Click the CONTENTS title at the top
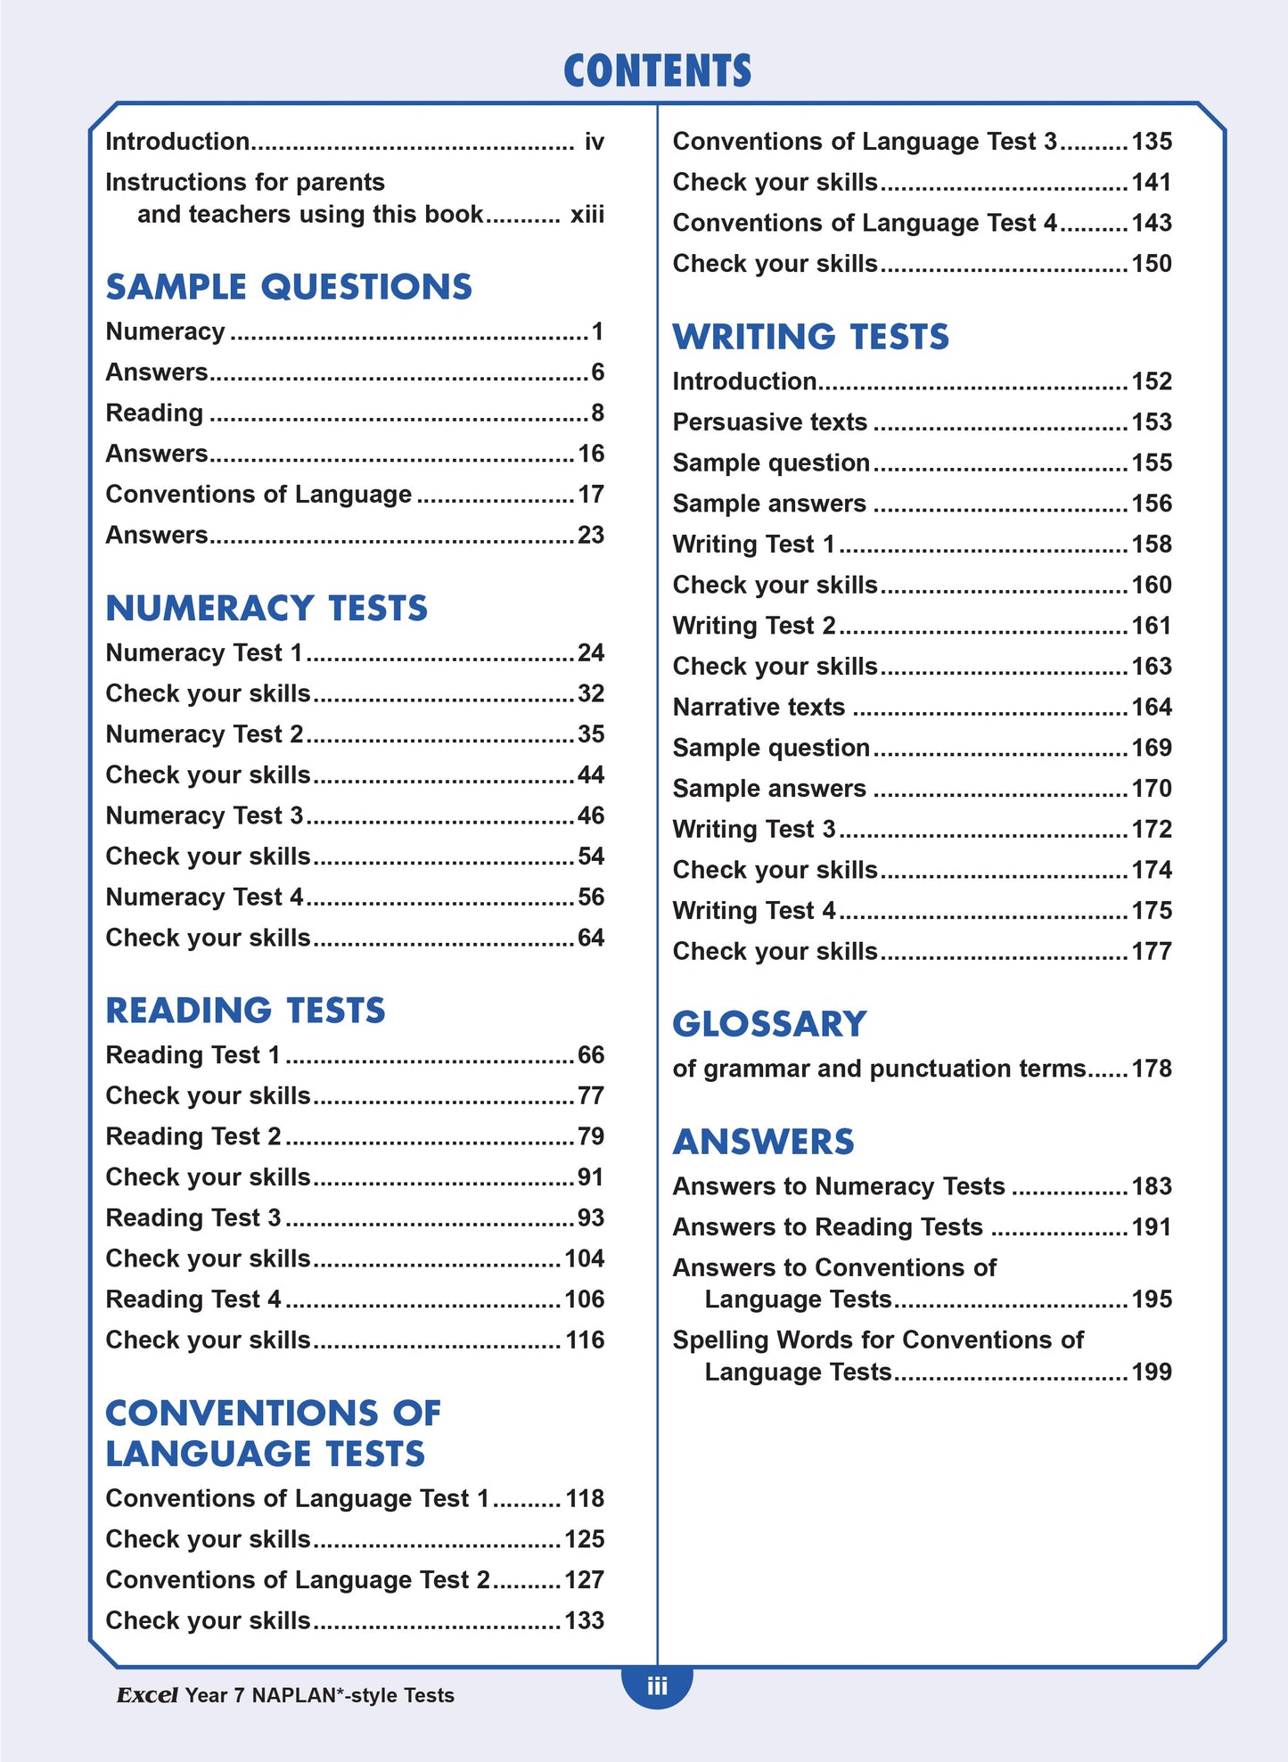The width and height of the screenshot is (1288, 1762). pos(657,70)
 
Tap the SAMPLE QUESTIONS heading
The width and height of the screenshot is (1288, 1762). pos(289,287)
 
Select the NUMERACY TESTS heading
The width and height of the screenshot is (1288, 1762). pos(267,608)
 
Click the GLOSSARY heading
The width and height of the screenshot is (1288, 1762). pos(769,1024)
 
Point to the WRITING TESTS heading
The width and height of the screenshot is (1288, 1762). pos(810,337)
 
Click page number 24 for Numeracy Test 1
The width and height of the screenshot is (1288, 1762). pos(591,653)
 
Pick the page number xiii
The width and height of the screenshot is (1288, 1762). pos(587,215)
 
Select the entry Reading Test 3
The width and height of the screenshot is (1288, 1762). pos(193,1217)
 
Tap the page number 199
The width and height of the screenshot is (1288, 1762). pos(1152,1372)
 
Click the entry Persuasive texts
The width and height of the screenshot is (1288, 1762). pos(769,422)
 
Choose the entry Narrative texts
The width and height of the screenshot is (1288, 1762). pos(759,707)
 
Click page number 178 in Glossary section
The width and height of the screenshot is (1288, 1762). pos(1152,1069)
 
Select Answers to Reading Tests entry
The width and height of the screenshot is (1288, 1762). pos(827,1227)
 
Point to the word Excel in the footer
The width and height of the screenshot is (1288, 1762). pos(147,1695)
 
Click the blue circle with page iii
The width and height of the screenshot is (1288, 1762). pos(657,1686)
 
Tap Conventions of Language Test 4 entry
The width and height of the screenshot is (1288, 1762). pos(864,223)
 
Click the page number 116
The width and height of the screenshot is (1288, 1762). pos(585,1340)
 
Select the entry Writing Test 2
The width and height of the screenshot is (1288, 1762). pos(754,626)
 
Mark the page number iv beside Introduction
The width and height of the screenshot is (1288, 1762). pos(595,142)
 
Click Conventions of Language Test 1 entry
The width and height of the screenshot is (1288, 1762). pos(297,1498)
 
